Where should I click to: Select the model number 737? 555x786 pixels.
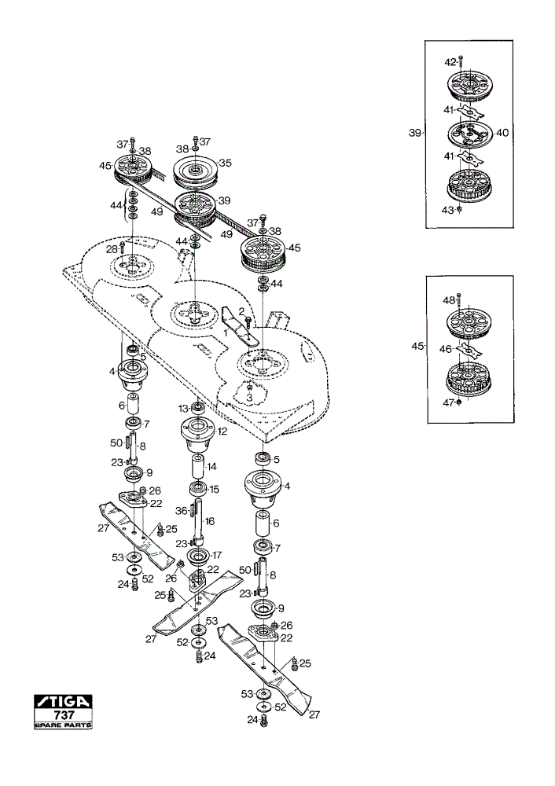[x=64, y=714]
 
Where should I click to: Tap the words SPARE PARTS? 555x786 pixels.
[x=63, y=725]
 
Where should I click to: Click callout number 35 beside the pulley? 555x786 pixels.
[x=225, y=163]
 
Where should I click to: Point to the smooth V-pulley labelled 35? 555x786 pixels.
[x=194, y=171]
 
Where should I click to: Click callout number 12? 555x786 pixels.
[x=221, y=431]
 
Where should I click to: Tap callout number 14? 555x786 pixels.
[x=211, y=467]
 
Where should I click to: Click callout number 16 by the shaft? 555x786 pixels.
[x=209, y=521]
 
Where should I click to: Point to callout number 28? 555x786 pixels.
[x=112, y=249]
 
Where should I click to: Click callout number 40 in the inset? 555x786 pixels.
[x=502, y=133]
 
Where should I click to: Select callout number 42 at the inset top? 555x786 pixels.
[x=450, y=62]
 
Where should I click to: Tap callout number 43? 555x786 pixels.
[x=448, y=211]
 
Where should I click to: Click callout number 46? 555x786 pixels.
[x=446, y=349]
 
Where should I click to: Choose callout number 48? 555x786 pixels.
[x=449, y=300]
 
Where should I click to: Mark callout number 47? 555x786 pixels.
[x=448, y=402]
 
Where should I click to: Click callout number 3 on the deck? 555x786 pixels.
[x=249, y=398]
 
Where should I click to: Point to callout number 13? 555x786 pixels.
[x=182, y=409]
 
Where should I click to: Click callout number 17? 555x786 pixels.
[x=217, y=556]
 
